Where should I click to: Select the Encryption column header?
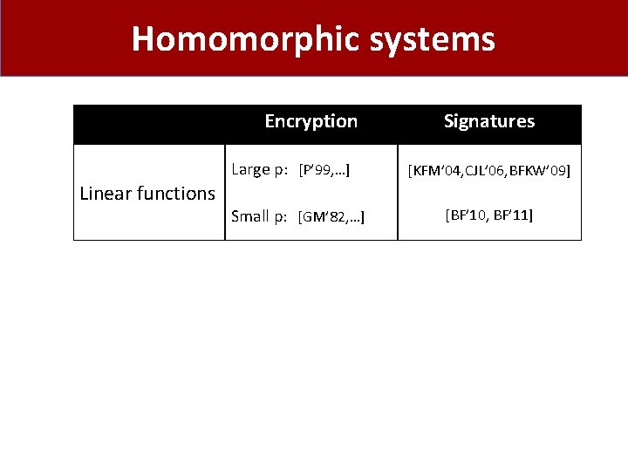tap(311, 121)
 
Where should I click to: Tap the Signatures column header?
tap(489, 121)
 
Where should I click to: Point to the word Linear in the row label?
tap(105, 193)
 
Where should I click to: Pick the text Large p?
tap(261, 169)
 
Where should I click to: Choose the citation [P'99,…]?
tap(324, 170)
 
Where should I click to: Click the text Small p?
tap(259, 216)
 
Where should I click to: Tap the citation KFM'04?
tap(435, 171)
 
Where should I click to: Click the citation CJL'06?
tap(483, 171)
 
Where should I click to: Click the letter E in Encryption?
tap(270, 121)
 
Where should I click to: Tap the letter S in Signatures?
tap(448, 121)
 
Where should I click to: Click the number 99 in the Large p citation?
tap(328, 170)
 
